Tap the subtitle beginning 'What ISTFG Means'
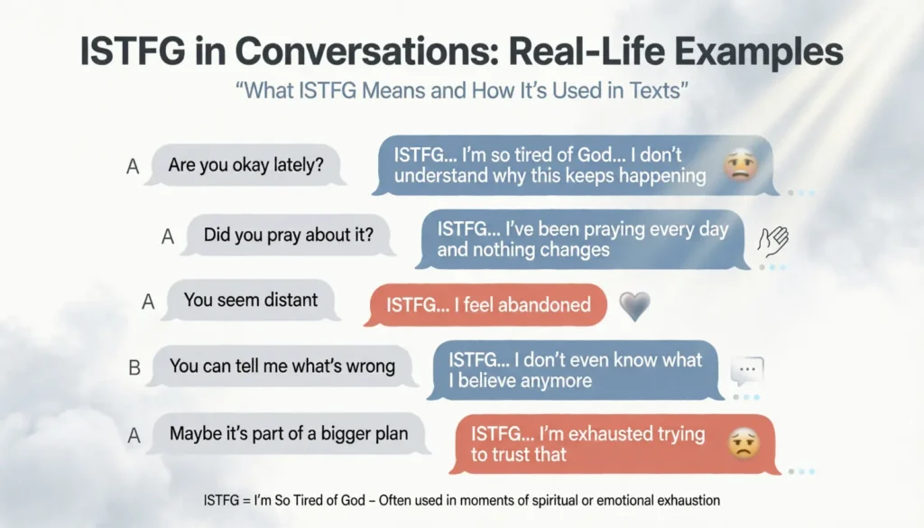pyautogui.click(x=462, y=93)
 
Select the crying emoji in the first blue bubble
pyautogui.click(x=739, y=165)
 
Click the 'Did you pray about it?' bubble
pyautogui.click(x=288, y=236)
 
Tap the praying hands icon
pyautogui.click(x=772, y=240)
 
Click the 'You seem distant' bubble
pyautogui.click(x=251, y=300)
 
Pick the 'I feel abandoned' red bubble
pyautogui.click(x=488, y=305)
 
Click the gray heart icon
pyautogui.click(x=634, y=306)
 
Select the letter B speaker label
pyautogui.click(x=134, y=367)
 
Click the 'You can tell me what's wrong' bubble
pyautogui.click(x=282, y=366)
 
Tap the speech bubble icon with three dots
pyautogui.click(x=746, y=371)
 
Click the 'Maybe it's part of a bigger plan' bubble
pyautogui.click(x=289, y=433)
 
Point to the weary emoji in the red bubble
pyautogui.click(x=744, y=442)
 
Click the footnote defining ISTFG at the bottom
pyautogui.click(x=461, y=499)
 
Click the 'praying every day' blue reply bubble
pyautogui.click(x=582, y=239)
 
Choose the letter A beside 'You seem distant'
pyautogui.click(x=149, y=301)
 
